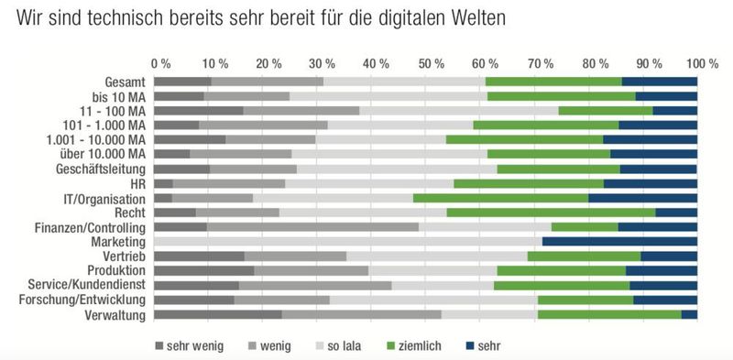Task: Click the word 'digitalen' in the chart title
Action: pos(432,18)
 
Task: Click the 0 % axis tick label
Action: pos(160,64)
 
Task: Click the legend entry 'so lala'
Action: pos(345,345)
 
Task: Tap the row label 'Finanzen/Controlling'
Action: pos(91,227)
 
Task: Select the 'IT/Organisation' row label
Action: pos(104,198)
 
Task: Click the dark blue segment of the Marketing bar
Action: pos(619,242)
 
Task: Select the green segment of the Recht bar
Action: pos(551,213)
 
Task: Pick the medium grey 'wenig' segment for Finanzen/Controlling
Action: pos(312,227)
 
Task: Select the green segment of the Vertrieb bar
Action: pos(584,256)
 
